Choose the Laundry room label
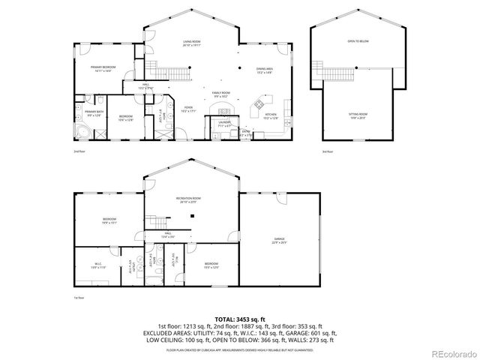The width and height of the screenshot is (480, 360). point(223,122)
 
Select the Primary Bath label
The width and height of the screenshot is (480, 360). point(94,114)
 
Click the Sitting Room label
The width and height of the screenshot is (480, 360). point(357,115)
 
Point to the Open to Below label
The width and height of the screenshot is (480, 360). point(357,41)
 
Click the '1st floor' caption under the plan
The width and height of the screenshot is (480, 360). point(78,298)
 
